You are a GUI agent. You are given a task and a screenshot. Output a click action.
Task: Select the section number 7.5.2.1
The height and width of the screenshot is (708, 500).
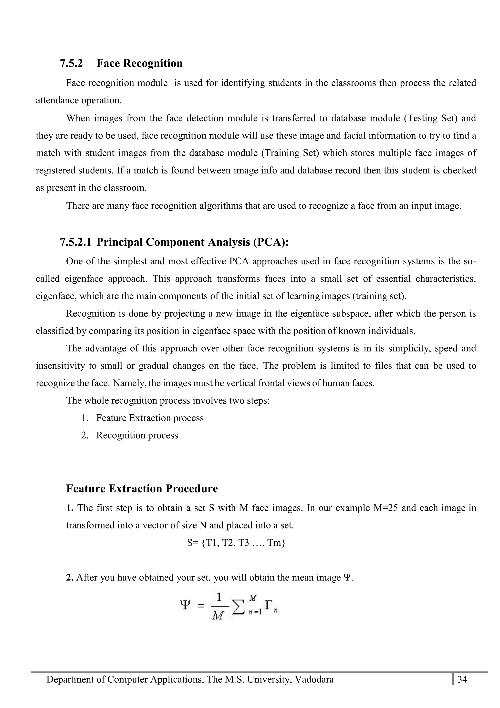coord(75,242)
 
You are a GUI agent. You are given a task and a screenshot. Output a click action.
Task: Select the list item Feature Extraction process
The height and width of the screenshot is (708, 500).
coord(150,418)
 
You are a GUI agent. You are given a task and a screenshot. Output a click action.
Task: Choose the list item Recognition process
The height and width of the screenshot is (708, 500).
coord(137,435)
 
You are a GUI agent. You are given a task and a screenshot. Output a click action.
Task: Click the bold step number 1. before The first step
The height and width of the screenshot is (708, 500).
coord(70,508)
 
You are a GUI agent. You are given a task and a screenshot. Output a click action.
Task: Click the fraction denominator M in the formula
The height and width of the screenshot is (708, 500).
coord(218,616)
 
